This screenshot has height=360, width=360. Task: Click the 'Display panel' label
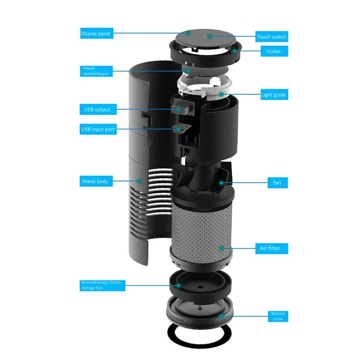[95, 33]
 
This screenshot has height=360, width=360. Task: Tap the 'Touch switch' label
[271, 36]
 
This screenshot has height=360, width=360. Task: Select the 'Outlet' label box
[274, 51]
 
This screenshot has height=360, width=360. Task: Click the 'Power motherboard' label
[95, 71]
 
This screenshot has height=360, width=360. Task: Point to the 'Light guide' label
[274, 95]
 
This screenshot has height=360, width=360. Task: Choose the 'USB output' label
[97, 109]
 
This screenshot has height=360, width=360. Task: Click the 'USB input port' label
[98, 130]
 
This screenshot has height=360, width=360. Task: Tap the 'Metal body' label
[95, 181]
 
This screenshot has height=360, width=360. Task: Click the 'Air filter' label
[274, 248]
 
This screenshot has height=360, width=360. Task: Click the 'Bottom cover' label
[277, 316]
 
